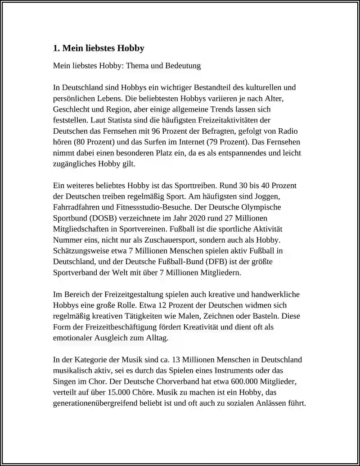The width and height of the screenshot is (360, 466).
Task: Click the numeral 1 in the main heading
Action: pyautogui.click(x=56, y=48)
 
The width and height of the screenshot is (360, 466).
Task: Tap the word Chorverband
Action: pyautogui.click(x=154, y=381)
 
